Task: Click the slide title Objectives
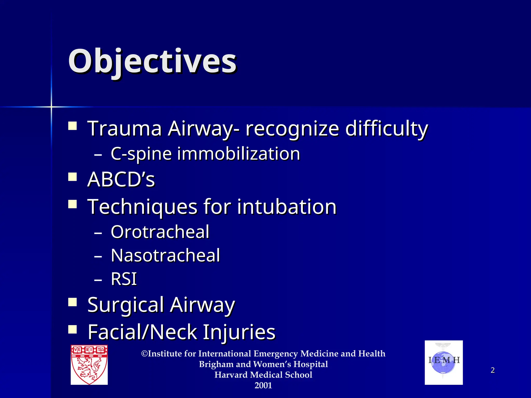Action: [152, 62]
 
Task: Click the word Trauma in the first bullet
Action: [125, 128]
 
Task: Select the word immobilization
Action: [239, 154]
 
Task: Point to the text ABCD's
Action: [121, 179]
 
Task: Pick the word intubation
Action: [287, 207]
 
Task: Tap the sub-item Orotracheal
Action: [160, 232]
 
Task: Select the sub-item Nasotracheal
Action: [165, 255]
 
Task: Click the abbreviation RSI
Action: [124, 279]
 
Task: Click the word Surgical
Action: [126, 305]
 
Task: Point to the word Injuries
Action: [239, 332]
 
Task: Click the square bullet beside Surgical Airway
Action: [73, 302]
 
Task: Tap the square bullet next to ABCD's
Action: [73, 177]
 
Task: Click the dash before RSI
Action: [98, 280]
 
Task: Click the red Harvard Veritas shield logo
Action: [89, 365]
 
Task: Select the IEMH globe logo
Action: [444, 363]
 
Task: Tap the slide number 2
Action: [493, 370]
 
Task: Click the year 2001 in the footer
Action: [263, 386]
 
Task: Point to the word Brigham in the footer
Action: [216, 364]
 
